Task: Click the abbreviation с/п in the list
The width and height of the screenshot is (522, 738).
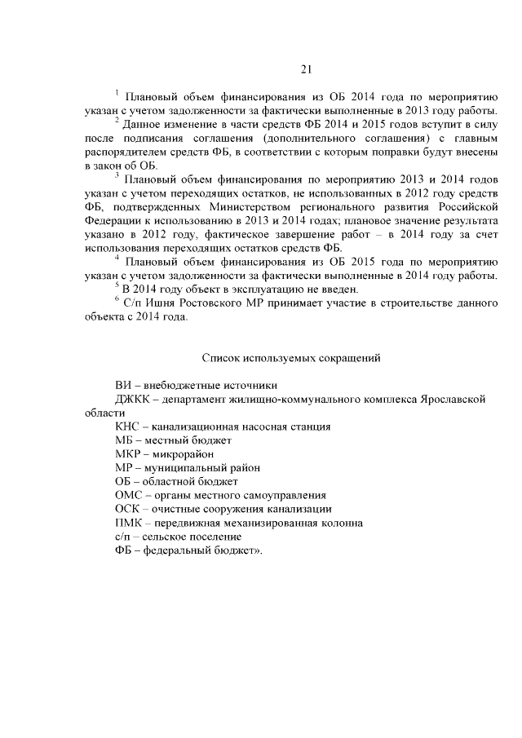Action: click(124, 537)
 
